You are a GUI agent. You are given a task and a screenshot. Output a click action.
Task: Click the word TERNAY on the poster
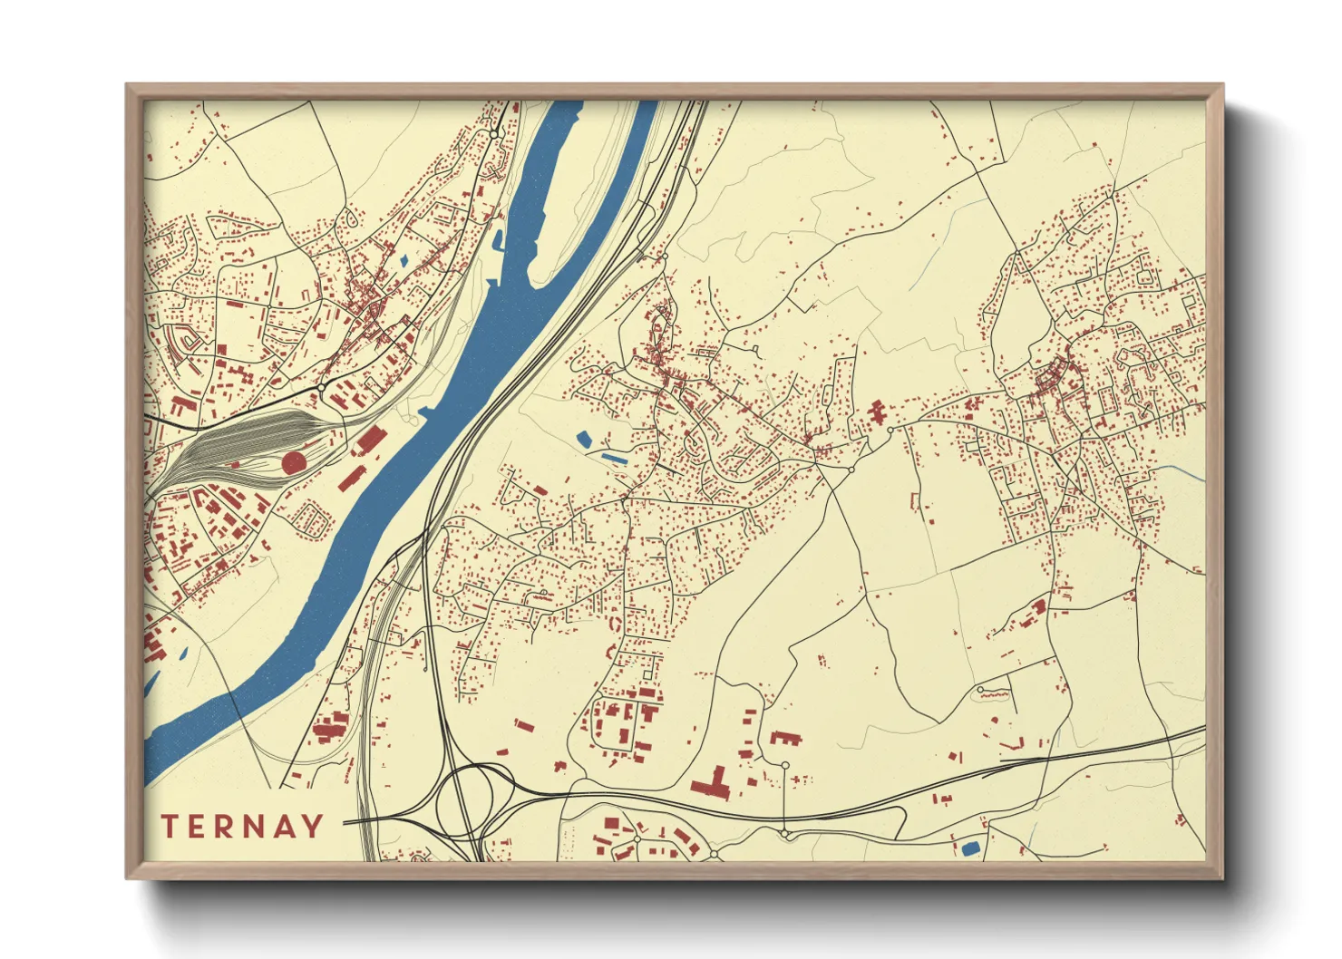click(x=242, y=826)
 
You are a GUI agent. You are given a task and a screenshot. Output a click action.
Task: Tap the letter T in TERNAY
click(x=169, y=826)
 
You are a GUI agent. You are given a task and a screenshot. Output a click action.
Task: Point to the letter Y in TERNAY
click(x=313, y=826)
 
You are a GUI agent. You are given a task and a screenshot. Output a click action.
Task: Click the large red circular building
click(x=293, y=463)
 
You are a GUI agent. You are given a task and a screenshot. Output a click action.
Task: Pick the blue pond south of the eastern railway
click(x=970, y=848)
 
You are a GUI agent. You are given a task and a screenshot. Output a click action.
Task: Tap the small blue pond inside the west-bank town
click(x=404, y=264)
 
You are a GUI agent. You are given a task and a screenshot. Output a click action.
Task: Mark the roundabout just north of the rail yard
click(x=322, y=387)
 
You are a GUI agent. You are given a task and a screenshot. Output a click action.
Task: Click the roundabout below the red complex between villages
click(x=851, y=470)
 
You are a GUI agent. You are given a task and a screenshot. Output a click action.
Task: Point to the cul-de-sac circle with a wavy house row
click(x=980, y=691)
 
